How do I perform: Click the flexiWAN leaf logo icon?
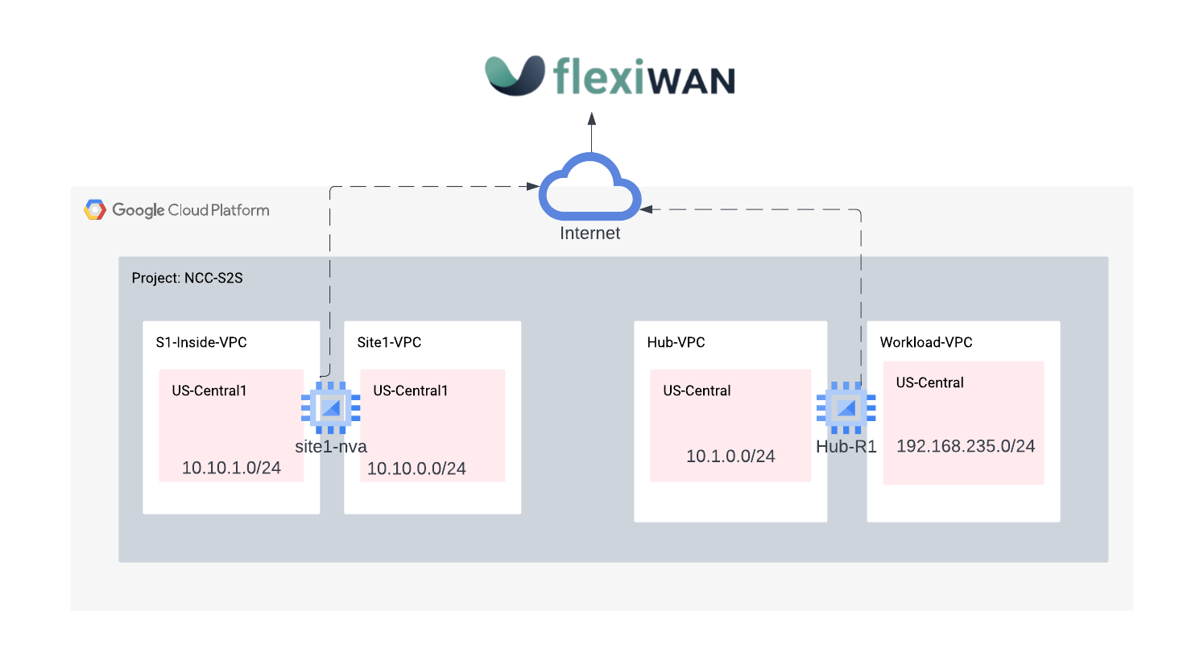[515, 76]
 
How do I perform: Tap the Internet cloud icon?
[590, 190]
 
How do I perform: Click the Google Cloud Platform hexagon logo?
[95, 210]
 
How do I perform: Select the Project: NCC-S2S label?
[187, 278]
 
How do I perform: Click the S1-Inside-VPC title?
[201, 342]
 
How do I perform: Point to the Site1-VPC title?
[389, 342]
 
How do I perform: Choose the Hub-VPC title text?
[676, 342]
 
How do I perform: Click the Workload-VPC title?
[926, 342]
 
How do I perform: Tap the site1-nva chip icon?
[330, 408]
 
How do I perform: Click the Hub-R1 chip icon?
[846, 408]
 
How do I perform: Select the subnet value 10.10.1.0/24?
[231, 468]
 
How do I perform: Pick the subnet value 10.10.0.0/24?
[416, 469]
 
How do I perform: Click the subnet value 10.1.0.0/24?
[730, 457]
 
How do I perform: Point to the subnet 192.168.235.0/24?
[966, 446]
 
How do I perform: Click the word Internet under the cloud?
[590, 233]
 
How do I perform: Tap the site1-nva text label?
[331, 447]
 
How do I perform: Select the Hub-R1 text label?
[846, 447]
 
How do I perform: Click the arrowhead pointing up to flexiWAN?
[592, 119]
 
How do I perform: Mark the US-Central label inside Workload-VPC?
[929, 382]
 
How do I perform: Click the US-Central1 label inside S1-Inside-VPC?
[209, 390]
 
